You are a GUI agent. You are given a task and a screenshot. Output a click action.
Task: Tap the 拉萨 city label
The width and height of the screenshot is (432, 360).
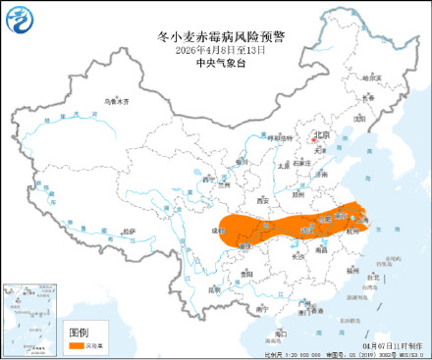point(129,231)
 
